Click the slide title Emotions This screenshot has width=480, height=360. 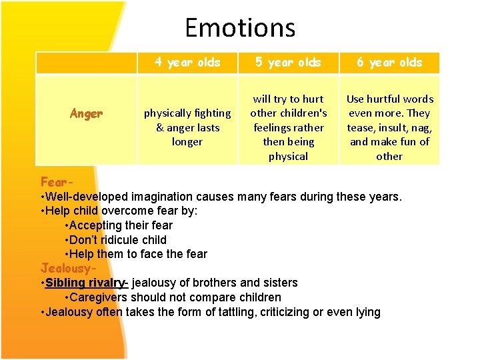click(240, 28)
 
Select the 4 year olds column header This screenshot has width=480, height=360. click(187, 63)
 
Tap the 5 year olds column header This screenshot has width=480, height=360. click(288, 63)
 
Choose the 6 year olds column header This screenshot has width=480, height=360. click(389, 63)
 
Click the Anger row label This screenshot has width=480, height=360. click(86, 113)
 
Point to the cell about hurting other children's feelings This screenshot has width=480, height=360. click(288, 127)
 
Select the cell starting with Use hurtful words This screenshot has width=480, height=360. click(389, 127)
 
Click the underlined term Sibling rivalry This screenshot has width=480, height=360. click(85, 283)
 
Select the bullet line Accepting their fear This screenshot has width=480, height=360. click(121, 225)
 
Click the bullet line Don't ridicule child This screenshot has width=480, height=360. click(118, 240)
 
